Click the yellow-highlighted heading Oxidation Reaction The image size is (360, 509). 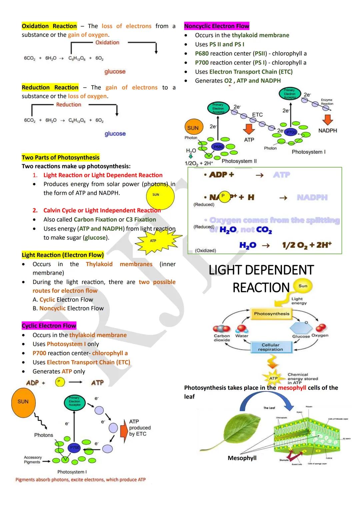pos(49,26)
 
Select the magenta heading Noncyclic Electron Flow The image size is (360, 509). pos(217,26)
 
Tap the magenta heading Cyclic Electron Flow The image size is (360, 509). pos(49,326)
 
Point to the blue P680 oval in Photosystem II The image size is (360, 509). pos(218,147)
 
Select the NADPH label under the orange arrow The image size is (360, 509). pos(327,131)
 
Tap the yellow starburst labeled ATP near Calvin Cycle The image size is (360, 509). pos(153,241)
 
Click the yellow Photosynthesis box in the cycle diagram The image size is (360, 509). pos(272,314)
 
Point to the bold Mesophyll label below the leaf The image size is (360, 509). pos(242,458)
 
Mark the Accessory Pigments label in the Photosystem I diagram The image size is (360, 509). pos(33,460)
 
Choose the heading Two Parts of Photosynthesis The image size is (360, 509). pos(61,157)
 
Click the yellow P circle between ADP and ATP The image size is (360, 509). pos(60,382)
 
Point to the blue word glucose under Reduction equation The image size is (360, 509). pos(115,134)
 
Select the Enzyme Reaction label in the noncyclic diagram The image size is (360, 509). pos(327,102)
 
